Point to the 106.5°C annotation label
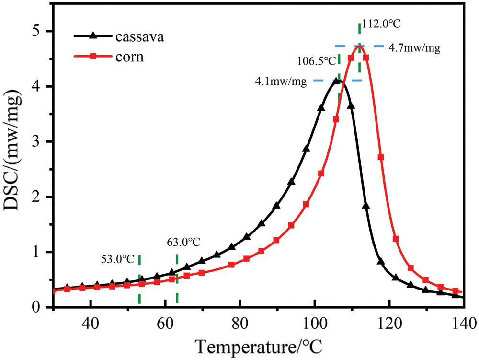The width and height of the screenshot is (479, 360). pyautogui.click(x=316, y=61)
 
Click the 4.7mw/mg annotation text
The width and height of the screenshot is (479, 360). pyautogui.click(x=414, y=48)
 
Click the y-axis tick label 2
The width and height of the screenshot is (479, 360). pyautogui.click(x=42, y=197)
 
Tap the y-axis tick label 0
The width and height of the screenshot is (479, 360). pyautogui.click(x=42, y=307)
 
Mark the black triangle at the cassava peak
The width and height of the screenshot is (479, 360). pyautogui.click(x=338, y=81)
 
